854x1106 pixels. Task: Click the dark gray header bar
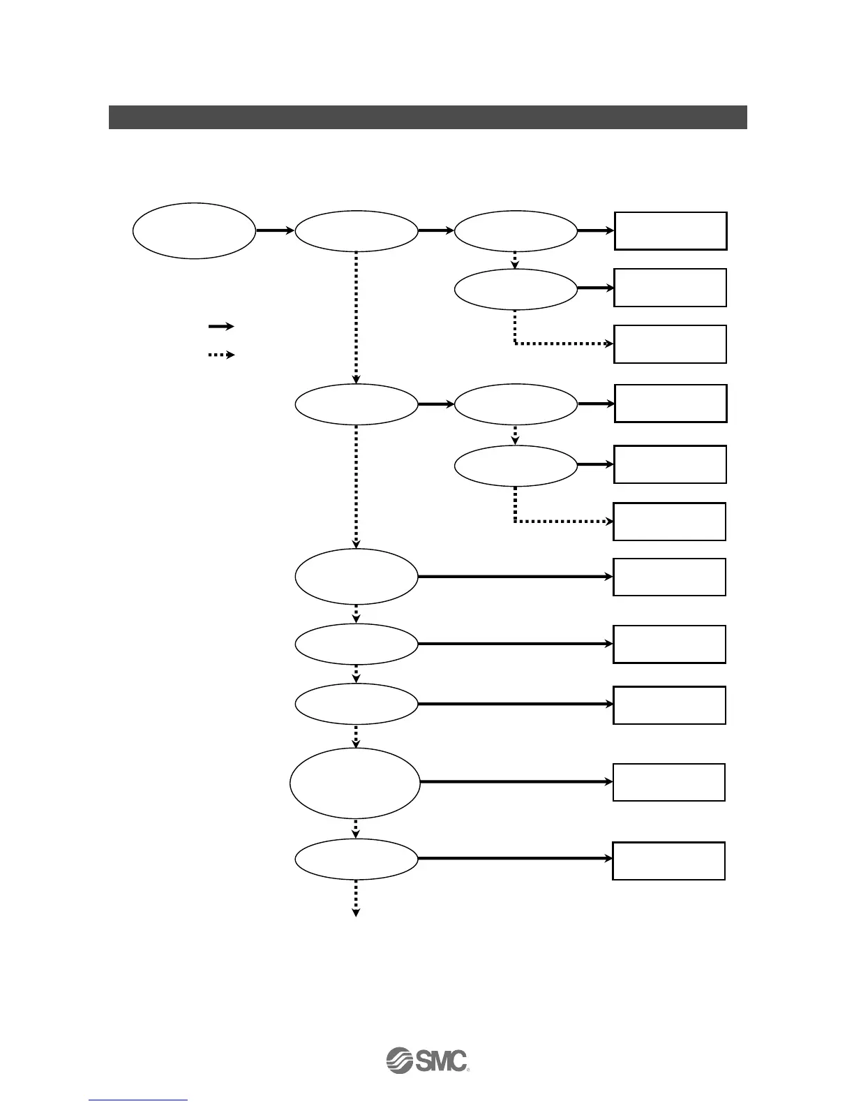pos(428,117)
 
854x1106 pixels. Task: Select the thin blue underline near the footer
pos(139,1100)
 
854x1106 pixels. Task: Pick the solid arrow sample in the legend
pos(220,326)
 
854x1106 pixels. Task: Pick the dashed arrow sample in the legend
pos(220,355)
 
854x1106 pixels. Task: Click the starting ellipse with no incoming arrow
pos(194,230)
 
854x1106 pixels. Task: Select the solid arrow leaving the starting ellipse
pos(275,230)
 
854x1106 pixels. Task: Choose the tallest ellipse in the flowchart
pos(355,783)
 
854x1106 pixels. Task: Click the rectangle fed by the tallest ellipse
pos(669,782)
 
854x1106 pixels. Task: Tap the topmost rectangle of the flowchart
pos(671,231)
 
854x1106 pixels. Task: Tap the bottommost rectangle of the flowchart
pos(669,861)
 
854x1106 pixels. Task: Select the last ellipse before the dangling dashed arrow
pos(357,859)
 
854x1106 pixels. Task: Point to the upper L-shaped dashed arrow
pos(558,344)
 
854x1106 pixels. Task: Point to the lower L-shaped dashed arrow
pos(558,521)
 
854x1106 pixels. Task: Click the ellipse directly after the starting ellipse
pos(357,230)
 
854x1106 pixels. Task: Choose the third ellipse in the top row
pos(516,230)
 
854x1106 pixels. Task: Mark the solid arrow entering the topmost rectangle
pos(596,230)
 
